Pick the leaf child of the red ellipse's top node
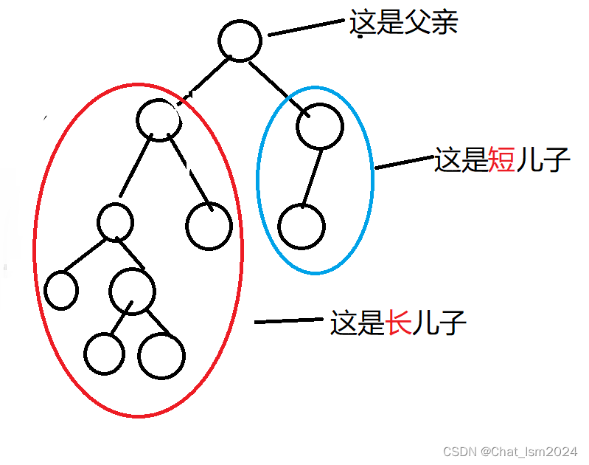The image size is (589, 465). click(x=209, y=225)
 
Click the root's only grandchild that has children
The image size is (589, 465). click(x=116, y=221)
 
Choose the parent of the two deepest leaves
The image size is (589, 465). click(x=133, y=290)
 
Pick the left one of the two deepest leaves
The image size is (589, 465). click(x=104, y=353)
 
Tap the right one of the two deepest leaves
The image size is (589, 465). click(x=161, y=356)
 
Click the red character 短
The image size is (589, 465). click(x=502, y=159)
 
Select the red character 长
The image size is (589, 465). click(x=399, y=324)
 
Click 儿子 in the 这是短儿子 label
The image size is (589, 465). click(x=543, y=159)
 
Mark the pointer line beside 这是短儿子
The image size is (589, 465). click(x=405, y=162)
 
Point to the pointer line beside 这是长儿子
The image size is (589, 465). click(x=288, y=321)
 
